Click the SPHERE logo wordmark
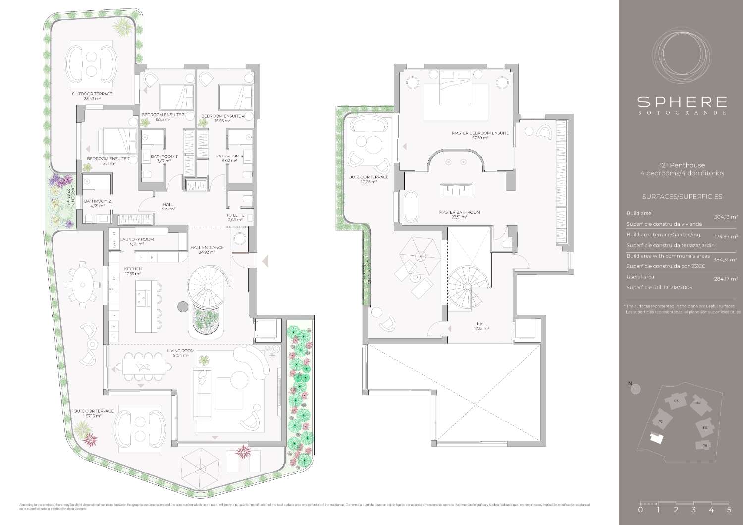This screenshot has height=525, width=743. coord(682,102)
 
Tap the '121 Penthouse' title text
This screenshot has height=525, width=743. coord(682,165)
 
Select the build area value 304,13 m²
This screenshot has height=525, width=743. coord(726,217)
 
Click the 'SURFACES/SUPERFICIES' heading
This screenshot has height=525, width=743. coord(682,197)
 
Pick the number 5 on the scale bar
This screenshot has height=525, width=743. coord(729,509)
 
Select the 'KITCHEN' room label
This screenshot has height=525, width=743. coord(133,269)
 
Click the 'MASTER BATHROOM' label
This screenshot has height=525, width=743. coord(459,212)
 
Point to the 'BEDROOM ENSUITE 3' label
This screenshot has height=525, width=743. coord(163,115)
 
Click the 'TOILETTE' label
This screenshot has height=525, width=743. coord(235,215)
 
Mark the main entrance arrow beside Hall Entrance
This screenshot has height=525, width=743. coord(265,261)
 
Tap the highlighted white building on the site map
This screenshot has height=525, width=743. coord(657,439)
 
